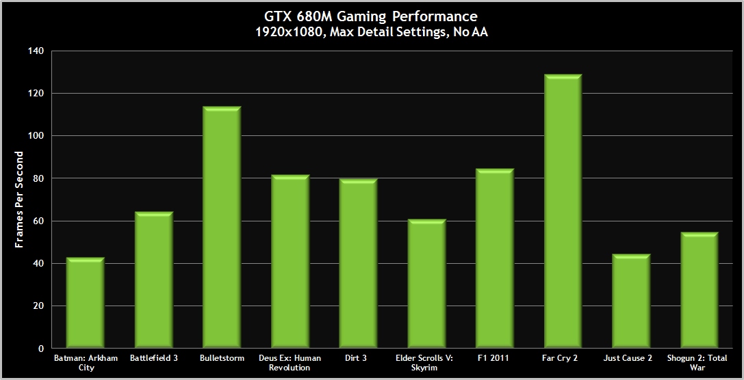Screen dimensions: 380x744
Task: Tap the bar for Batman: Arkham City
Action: (86, 303)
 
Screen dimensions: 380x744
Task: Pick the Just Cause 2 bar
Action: (631, 301)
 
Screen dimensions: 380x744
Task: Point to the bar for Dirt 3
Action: (358, 264)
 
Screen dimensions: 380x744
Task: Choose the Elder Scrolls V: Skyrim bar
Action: (426, 284)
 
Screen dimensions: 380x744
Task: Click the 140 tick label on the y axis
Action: (36, 51)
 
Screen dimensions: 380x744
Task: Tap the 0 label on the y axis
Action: (41, 349)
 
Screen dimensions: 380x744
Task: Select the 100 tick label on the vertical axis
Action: (36, 136)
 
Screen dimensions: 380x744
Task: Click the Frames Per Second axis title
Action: (20, 200)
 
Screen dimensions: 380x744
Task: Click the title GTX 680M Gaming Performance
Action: (372, 16)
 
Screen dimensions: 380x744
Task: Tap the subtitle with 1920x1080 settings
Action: (372, 31)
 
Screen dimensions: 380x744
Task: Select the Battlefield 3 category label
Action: (153, 357)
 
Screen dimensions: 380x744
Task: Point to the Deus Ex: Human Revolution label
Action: (290, 362)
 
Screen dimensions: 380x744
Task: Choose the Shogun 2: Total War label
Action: (699, 362)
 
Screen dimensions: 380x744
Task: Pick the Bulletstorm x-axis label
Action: (222, 357)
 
